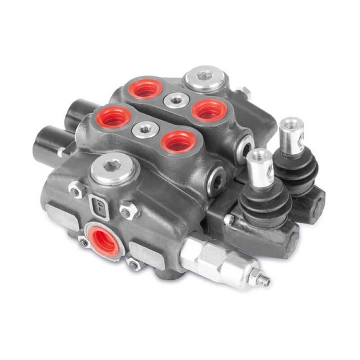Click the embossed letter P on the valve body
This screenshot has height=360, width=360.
99,207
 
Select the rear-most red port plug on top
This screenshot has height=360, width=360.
145,89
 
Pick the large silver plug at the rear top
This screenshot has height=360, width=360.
205,77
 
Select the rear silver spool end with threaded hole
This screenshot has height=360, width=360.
292,135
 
